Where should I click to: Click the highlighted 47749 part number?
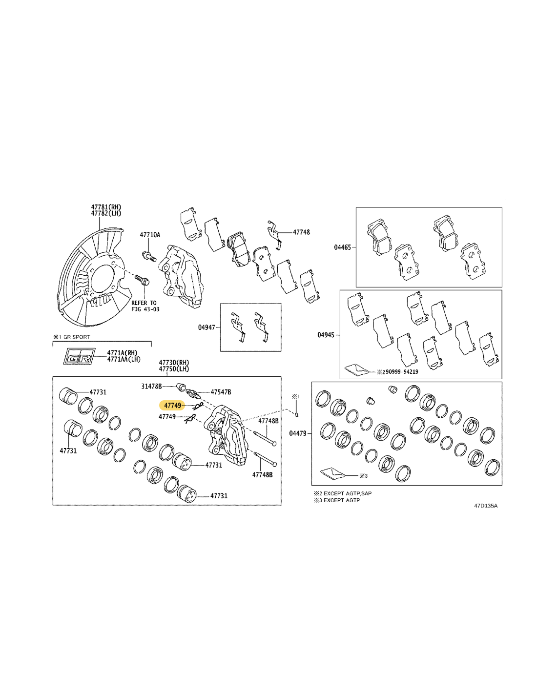tap(172, 406)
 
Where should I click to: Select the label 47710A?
tap(150, 235)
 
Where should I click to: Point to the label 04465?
tap(342, 247)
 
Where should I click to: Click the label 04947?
tap(207, 327)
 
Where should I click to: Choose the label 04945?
tap(326, 335)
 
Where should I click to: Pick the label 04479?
tap(298, 433)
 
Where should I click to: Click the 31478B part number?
tap(152, 387)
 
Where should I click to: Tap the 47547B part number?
tap(221, 392)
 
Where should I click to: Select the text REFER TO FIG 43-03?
tap(145, 306)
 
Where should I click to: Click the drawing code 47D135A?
tap(486, 506)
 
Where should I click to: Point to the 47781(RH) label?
tap(106, 207)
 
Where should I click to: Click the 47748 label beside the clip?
tap(301, 232)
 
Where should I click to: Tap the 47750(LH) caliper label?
tap(174, 369)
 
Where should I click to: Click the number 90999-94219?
tap(400, 372)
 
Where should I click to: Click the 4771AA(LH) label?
tap(124, 359)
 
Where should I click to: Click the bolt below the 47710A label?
tap(148, 256)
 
